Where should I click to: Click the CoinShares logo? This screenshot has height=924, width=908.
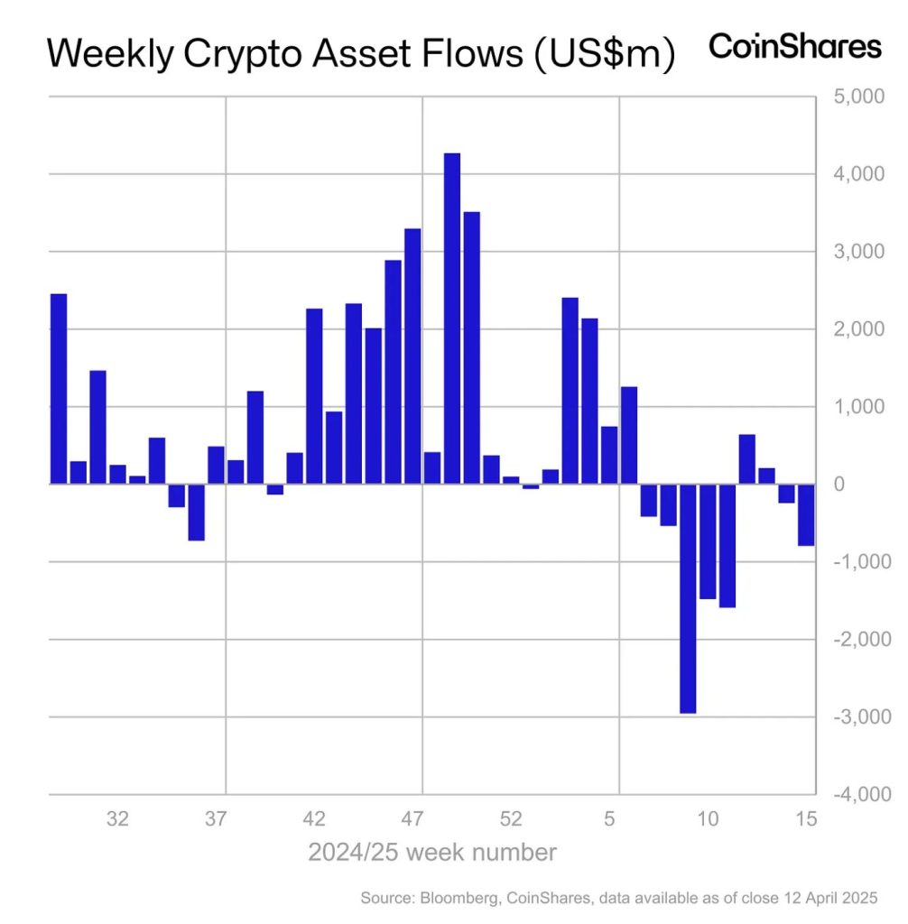(x=794, y=47)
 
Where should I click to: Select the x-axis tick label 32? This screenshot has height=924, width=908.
(x=116, y=819)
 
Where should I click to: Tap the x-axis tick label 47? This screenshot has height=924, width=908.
(x=412, y=819)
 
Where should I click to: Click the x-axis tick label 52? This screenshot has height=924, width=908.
(x=511, y=819)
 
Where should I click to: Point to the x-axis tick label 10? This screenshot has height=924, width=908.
(x=709, y=819)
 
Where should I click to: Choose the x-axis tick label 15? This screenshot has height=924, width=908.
(x=807, y=819)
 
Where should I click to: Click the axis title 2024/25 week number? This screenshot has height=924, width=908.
(x=432, y=852)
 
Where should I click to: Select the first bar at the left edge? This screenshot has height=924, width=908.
(x=59, y=389)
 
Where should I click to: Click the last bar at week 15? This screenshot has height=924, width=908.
(x=806, y=515)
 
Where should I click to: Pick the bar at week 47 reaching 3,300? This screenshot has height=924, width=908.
(x=412, y=356)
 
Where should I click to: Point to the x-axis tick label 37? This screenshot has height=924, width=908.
(x=215, y=819)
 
